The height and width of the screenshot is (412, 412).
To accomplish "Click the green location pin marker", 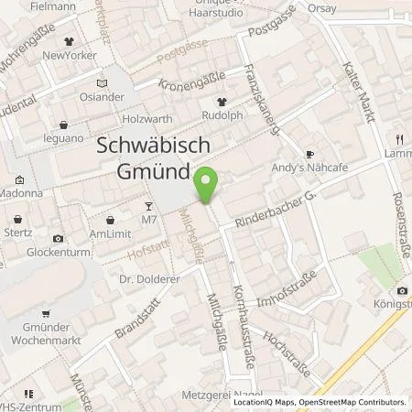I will pyautogui.click(x=209, y=186).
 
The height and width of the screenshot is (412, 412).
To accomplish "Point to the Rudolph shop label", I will pyautogui.click(x=222, y=116).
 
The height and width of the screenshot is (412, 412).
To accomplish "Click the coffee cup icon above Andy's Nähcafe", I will pyautogui.click(x=309, y=154).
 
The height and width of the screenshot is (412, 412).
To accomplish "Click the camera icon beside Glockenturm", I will pyautogui.click(x=60, y=238).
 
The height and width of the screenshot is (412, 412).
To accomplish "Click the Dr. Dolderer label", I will pyautogui.click(x=146, y=274).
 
